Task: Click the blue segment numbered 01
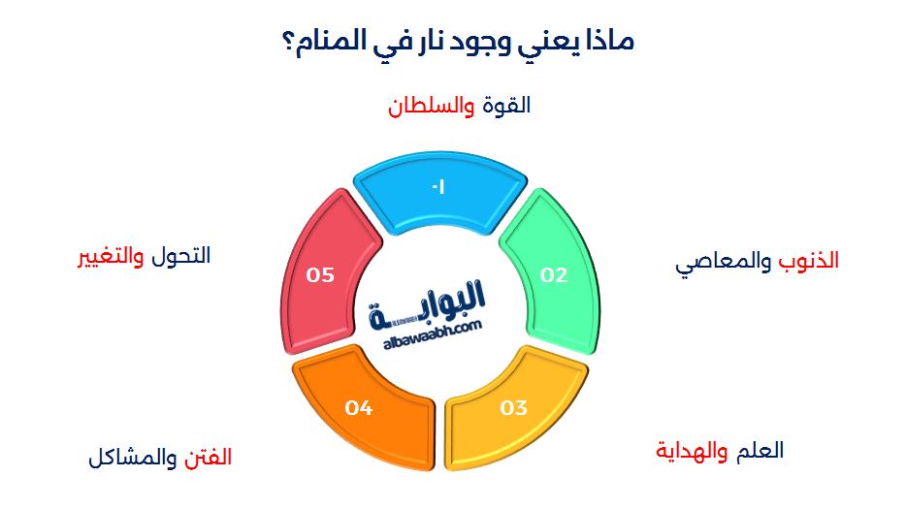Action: (439, 194)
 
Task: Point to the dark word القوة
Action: (506, 106)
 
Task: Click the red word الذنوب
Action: (807, 262)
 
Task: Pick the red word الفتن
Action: (209, 458)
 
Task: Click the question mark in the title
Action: (288, 43)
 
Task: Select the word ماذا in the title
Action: (608, 43)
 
